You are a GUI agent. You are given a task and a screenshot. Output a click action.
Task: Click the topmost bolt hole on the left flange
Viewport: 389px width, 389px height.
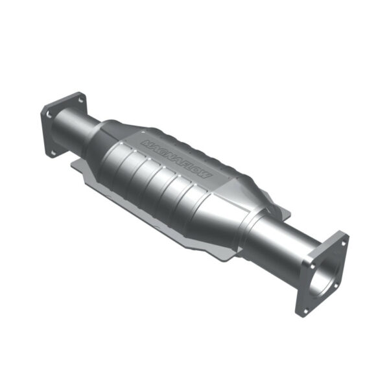pos(80,99)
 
